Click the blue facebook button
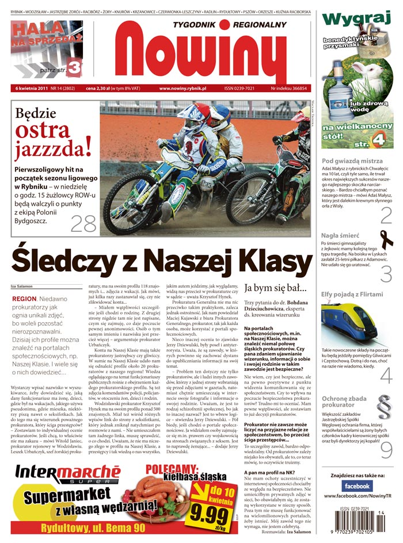(x=357, y=486)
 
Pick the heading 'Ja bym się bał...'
(x=276, y=287)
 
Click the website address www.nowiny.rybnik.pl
(x=183, y=89)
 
